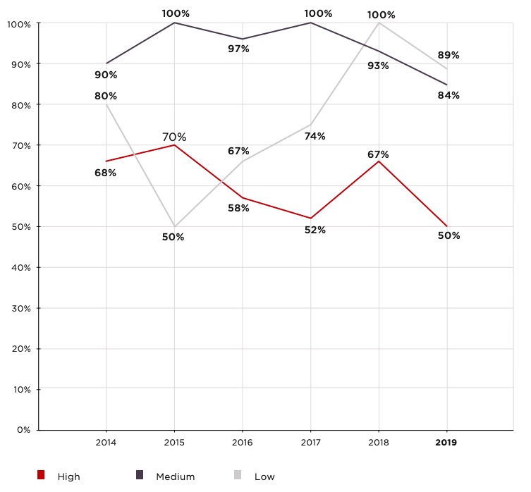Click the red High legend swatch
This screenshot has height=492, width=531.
pos(41,476)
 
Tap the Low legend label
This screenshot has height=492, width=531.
pos(264,476)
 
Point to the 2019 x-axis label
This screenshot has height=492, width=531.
pos(446,443)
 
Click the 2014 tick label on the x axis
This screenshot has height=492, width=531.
pos(106,443)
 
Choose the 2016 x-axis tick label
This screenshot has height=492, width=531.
pos(242,443)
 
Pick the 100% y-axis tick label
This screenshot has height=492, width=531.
pos(18,24)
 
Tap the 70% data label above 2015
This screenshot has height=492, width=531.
pos(175,137)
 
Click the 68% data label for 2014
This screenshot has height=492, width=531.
pos(106,173)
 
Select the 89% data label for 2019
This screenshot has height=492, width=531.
pos(448,54)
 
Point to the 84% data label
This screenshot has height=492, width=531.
pos(448,95)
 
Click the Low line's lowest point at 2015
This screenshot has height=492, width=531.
pos(174,227)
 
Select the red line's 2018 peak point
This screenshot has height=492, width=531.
pos(379,161)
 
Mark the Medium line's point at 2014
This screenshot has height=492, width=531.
pos(106,63)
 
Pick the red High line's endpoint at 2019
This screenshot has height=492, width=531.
pos(446,226)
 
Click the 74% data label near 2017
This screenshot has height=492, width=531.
pos(315,136)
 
